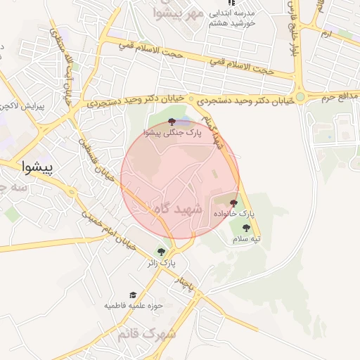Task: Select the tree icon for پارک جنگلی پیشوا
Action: (x=172, y=122)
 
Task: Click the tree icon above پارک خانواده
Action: (x=233, y=202)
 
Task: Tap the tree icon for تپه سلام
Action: (x=246, y=229)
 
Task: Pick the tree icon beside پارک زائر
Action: (x=162, y=252)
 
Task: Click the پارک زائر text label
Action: (x=161, y=263)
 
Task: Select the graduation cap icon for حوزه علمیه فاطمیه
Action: (x=133, y=295)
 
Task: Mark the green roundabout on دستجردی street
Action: (x=300, y=97)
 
